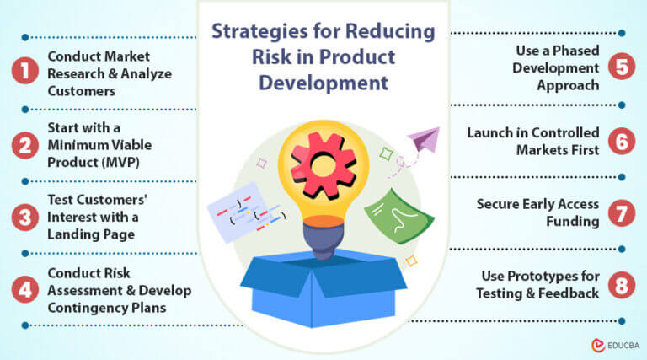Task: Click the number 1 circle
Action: pos(26,73)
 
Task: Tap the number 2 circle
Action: pos(26,146)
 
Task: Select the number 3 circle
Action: pos(26,216)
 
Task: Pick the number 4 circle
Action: pos(26,288)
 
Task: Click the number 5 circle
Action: pos(621,67)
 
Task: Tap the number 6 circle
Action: pos(621,142)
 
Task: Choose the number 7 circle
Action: pos(621,212)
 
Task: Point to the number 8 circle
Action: pos(621,285)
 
